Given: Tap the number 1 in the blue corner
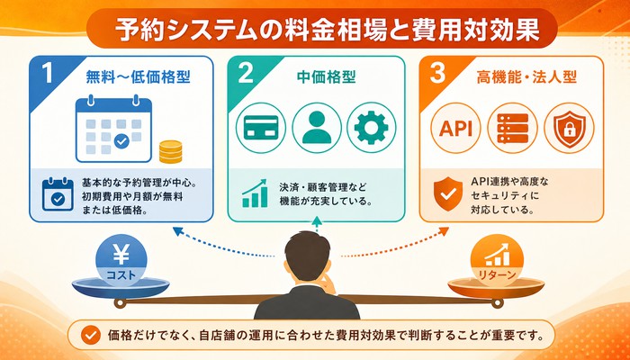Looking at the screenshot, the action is click(x=48, y=75).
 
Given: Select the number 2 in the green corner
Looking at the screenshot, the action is click(x=246, y=75).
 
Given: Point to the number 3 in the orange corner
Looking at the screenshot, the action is click(x=437, y=75).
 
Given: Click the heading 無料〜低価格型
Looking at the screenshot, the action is click(x=138, y=77).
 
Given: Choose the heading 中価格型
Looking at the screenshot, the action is click(x=326, y=77).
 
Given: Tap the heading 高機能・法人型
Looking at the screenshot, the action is click(x=526, y=77).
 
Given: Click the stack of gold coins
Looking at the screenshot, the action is click(x=170, y=151).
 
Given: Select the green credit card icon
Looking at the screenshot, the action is click(x=261, y=128).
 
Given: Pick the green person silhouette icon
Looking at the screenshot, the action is click(x=317, y=128).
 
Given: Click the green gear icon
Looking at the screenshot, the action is click(x=371, y=128).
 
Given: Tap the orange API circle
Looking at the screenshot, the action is click(x=455, y=128).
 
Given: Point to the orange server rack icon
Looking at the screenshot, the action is click(x=512, y=128).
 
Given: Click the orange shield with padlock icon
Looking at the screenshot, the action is click(x=569, y=128).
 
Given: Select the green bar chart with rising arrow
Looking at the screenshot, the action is click(x=255, y=193).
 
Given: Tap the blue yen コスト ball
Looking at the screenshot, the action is click(x=121, y=261).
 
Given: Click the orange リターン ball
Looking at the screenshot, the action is click(x=498, y=261).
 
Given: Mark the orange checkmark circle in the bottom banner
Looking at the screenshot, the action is click(x=90, y=336).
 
